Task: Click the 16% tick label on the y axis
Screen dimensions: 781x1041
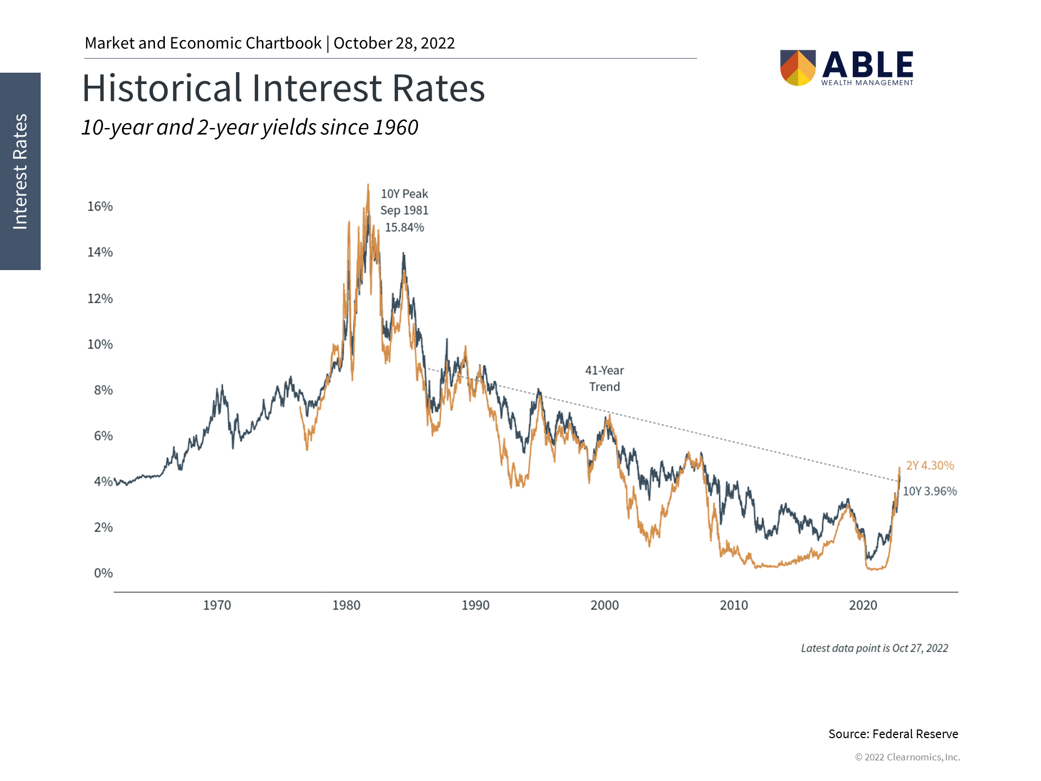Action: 100,206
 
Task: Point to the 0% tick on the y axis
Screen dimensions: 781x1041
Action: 103,573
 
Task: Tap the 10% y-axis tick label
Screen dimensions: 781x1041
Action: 100,344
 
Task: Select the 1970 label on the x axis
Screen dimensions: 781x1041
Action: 217,605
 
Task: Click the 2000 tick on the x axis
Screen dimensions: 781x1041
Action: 605,605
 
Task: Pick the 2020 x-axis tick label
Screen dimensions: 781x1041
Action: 863,605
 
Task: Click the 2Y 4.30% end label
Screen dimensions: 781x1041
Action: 930,465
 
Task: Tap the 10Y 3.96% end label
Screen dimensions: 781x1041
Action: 929,491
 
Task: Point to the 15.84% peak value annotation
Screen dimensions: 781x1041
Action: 404,227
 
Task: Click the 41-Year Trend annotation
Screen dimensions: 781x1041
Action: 605,379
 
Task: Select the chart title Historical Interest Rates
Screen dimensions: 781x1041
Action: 283,88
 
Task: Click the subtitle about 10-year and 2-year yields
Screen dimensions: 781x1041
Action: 250,127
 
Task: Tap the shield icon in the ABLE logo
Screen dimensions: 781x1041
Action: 798,68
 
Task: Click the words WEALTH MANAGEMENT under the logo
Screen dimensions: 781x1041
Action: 867,83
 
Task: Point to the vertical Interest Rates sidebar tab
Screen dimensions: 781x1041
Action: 20,171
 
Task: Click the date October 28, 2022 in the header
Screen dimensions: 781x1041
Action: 394,43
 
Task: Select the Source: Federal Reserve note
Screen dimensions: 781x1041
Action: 893,734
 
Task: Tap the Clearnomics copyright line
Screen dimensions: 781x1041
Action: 907,757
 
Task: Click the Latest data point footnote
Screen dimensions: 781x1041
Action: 874,648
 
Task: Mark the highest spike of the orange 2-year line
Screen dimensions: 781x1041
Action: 368,185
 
